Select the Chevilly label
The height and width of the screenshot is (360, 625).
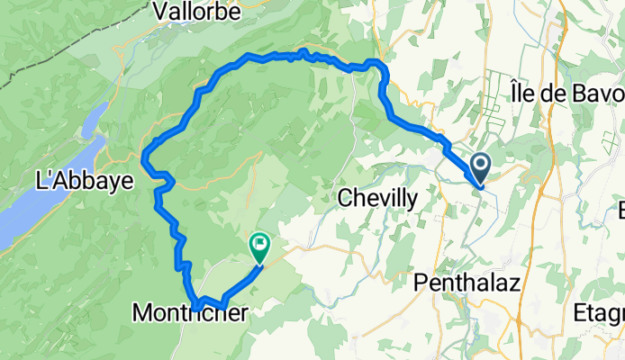click(x=377, y=198)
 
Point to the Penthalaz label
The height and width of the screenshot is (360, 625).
click(x=465, y=283)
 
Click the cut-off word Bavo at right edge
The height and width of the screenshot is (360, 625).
click(x=599, y=94)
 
